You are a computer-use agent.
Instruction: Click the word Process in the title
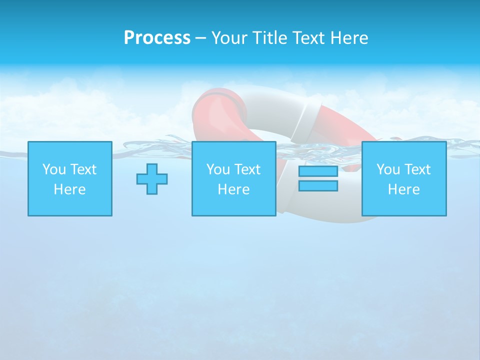coord(157,38)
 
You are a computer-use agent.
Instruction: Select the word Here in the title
coord(348,38)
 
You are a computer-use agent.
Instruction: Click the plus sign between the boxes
coord(152,179)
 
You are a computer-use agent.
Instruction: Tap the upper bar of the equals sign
coord(318,171)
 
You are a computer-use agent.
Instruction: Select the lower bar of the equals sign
coord(318,185)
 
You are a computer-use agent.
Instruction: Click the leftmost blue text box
coord(69,178)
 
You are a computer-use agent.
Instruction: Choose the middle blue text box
coord(233,178)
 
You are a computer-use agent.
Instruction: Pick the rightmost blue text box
coord(403,178)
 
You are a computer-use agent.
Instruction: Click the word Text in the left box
coord(83,169)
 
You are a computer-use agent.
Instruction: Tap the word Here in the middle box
coord(233,189)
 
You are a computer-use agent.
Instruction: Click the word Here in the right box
coord(403,189)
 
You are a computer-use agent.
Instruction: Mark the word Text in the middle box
coord(247,169)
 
